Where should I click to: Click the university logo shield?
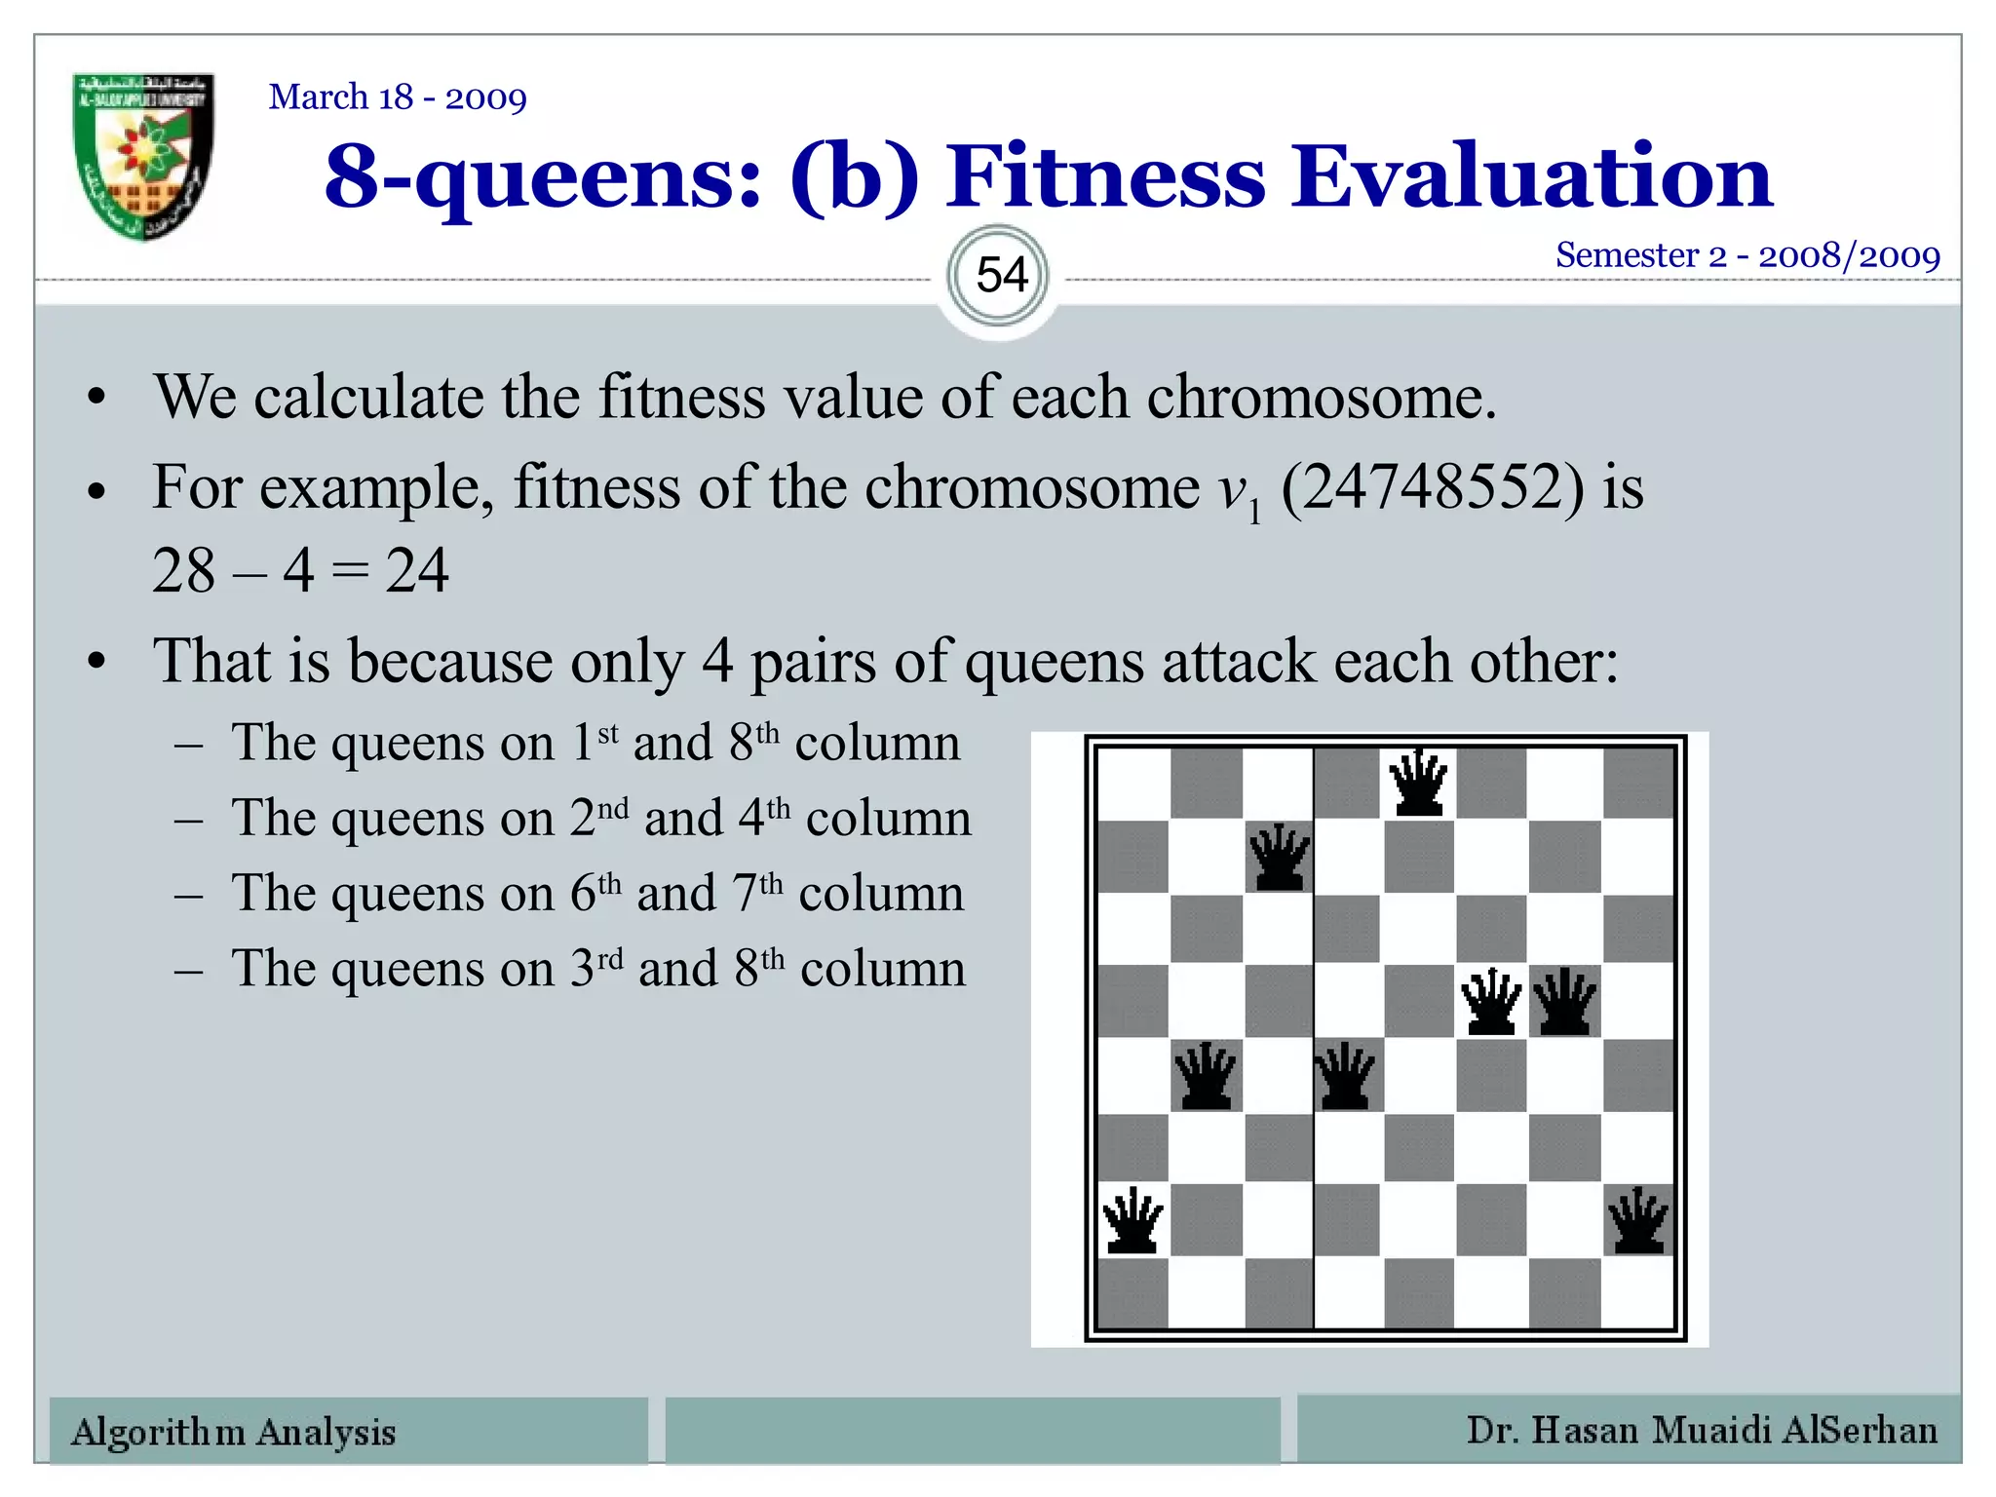[x=143, y=156]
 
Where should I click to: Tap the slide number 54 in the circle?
[x=1001, y=276]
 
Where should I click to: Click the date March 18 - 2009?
[x=398, y=97]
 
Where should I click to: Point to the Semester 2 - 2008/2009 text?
[x=1747, y=255]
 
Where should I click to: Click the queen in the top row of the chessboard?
[x=1418, y=783]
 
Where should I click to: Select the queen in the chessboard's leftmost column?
[x=1132, y=1220]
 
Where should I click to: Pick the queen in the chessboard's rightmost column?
[x=1638, y=1220]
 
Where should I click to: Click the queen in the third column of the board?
[x=1279, y=858]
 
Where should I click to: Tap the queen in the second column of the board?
[x=1206, y=1076]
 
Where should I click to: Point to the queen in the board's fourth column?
[x=1346, y=1076]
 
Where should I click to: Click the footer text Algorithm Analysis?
[x=234, y=1432]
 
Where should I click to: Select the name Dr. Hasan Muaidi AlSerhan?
[x=1702, y=1430]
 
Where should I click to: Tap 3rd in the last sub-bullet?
[x=595, y=968]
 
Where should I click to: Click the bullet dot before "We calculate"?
[x=96, y=399]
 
